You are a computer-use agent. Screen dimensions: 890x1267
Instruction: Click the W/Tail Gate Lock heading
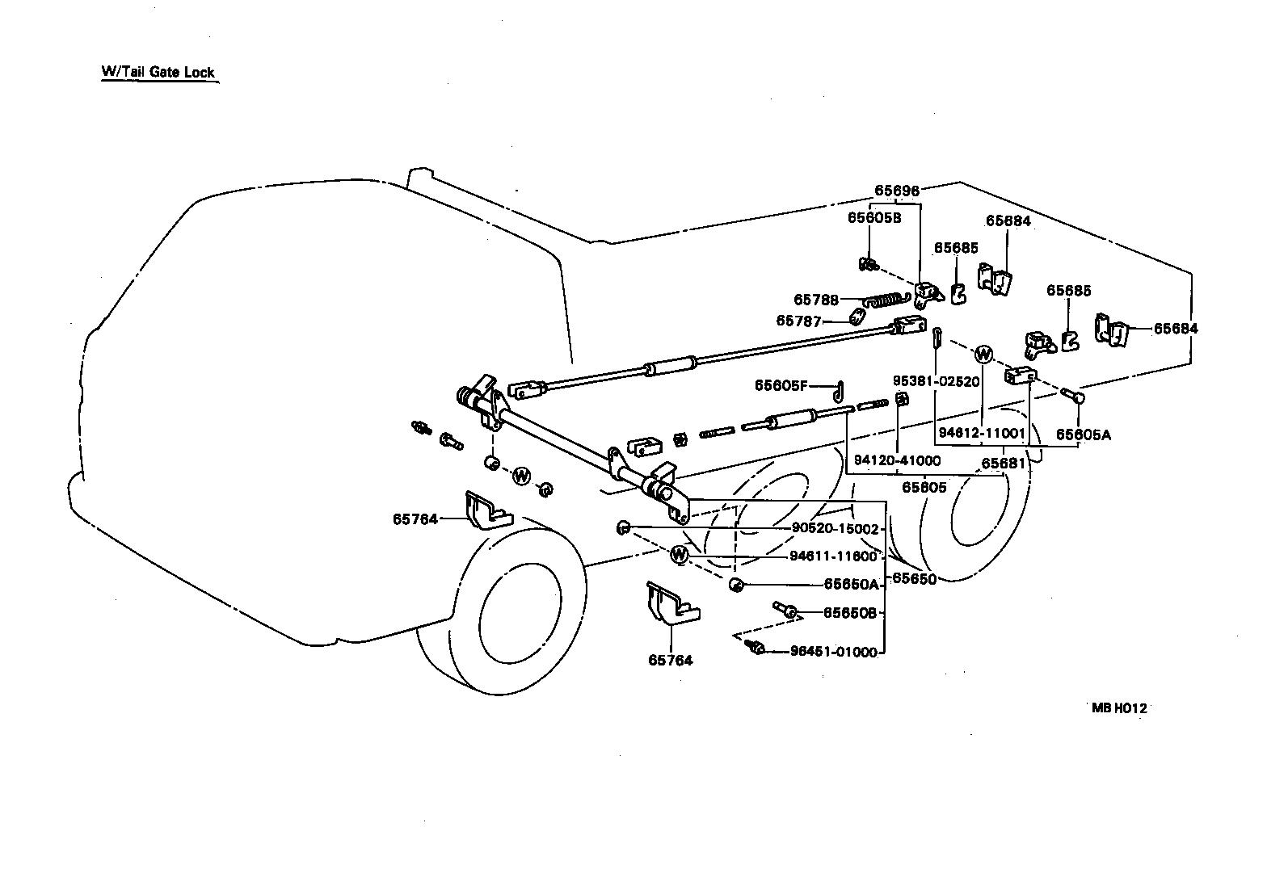tap(158, 72)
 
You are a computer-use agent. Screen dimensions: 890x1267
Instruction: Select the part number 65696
tap(896, 191)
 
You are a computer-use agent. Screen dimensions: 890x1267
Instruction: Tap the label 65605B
tap(873, 217)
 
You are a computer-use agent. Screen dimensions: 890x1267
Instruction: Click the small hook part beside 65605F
tap(839, 391)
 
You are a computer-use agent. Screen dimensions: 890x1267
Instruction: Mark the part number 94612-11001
tap(982, 434)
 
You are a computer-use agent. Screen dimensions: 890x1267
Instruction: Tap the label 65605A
tap(1084, 435)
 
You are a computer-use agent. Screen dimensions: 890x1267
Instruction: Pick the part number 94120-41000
tap(897, 460)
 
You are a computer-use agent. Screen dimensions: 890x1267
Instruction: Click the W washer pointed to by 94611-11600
tap(680, 555)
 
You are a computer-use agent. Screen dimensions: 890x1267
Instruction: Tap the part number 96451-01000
tap(834, 652)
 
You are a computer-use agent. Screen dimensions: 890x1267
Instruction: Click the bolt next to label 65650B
tap(785, 610)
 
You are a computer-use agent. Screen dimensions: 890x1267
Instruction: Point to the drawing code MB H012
tap(1119, 708)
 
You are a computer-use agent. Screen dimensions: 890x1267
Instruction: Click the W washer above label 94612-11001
tap(983, 354)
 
